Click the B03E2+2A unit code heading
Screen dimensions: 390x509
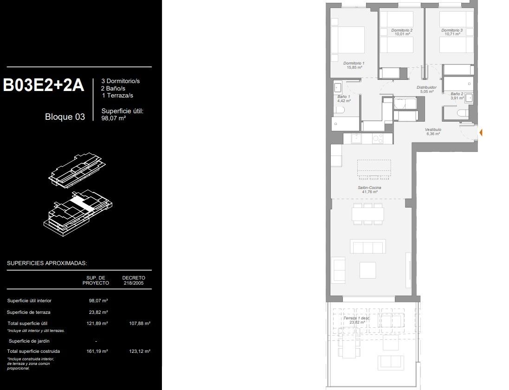44,85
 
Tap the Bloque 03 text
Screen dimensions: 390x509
65,117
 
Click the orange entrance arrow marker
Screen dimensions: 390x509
481,133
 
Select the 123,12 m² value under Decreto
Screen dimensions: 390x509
140,351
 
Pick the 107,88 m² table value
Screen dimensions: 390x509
140,323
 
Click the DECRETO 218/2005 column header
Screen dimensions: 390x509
134,280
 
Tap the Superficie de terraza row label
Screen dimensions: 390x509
29,312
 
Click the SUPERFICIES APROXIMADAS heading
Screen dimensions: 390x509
47,263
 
